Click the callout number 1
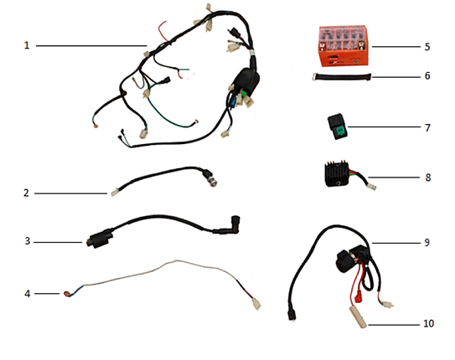click(27, 45)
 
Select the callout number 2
click(26, 193)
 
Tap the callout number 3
click(28, 241)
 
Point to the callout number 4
click(28, 294)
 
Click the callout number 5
click(427, 47)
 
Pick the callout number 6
click(427, 76)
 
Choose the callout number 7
click(427, 127)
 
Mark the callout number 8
click(428, 177)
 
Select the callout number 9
click(427, 242)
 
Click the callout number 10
click(428, 323)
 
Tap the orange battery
click(344, 46)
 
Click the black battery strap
click(342, 77)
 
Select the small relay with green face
click(338, 127)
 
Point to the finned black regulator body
click(337, 173)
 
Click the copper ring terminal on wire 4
click(67, 294)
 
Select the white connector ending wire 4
click(256, 303)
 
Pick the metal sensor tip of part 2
click(212, 180)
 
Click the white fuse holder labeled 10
click(358, 317)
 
